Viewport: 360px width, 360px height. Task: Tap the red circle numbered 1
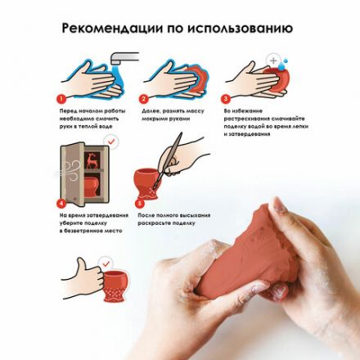(62, 98)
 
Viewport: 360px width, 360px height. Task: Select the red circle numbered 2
(144, 98)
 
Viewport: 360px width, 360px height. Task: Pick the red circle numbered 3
(227, 98)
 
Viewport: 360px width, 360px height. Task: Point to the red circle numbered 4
(62, 202)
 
